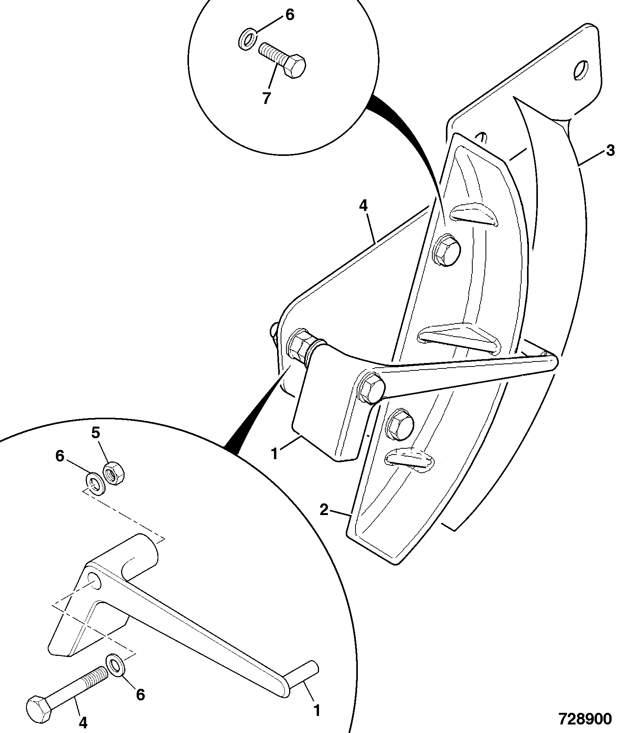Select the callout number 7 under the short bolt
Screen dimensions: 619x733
[x=266, y=98]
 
